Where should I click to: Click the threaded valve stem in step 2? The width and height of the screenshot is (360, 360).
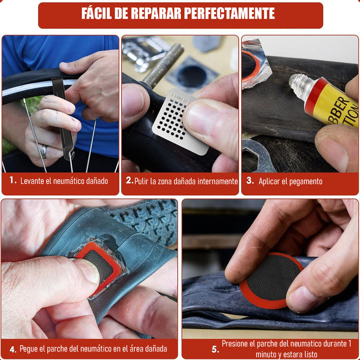coord(164,65)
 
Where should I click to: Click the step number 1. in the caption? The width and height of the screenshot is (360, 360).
coord(13,180)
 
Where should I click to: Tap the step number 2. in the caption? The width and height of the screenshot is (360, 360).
coord(129,181)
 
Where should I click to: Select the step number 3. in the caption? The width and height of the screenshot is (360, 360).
coord(250,181)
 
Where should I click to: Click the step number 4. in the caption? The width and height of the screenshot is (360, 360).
coord(13,349)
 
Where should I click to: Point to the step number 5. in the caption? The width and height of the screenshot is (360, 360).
coord(215,349)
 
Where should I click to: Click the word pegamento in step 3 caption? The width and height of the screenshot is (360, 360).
coord(305,181)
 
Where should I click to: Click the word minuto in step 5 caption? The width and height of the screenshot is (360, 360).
coord(269,355)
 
